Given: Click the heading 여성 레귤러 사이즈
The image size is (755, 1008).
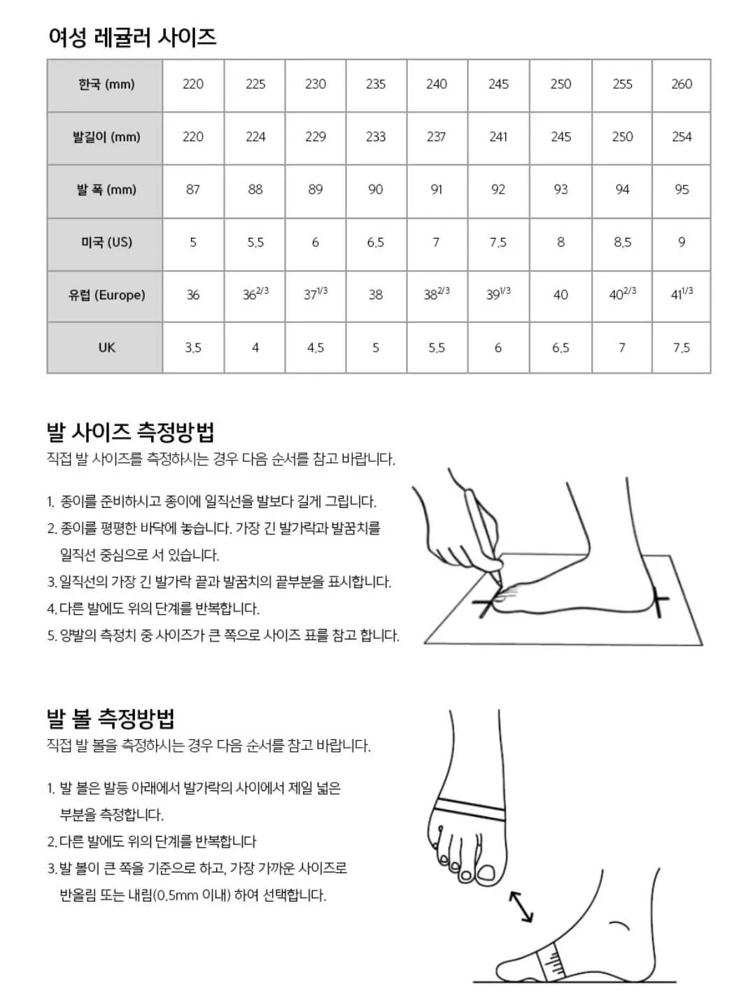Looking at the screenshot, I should (x=132, y=36).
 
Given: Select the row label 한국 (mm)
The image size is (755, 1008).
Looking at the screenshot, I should (x=106, y=85).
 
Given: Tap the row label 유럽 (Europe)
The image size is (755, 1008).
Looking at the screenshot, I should (x=106, y=295).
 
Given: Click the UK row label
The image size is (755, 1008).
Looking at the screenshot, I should (x=106, y=348).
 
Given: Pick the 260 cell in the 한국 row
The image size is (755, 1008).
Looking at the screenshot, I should (x=681, y=85).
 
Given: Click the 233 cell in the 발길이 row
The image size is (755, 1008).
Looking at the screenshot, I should (x=376, y=137).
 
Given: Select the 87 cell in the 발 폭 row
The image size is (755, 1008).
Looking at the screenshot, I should (x=193, y=190).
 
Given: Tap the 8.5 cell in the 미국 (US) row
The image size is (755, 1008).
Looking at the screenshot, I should (x=622, y=243).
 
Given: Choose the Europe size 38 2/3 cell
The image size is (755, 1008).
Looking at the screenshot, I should (x=437, y=294).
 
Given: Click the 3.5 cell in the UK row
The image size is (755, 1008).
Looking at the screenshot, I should (x=193, y=348).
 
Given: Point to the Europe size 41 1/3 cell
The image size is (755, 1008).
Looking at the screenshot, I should (x=681, y=294).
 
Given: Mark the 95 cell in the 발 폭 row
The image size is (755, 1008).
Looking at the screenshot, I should (x=681, y=190).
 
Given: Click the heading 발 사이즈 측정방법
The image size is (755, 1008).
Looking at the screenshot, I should (x=130, y=432).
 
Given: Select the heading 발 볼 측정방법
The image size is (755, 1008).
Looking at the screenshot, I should (x=111, y=718).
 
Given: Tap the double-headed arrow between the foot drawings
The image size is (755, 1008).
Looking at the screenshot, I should (x=521, y=907).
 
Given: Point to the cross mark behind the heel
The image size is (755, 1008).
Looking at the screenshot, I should (x=658, y=601).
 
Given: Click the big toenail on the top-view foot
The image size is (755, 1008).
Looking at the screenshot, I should (x=484, y=874).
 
